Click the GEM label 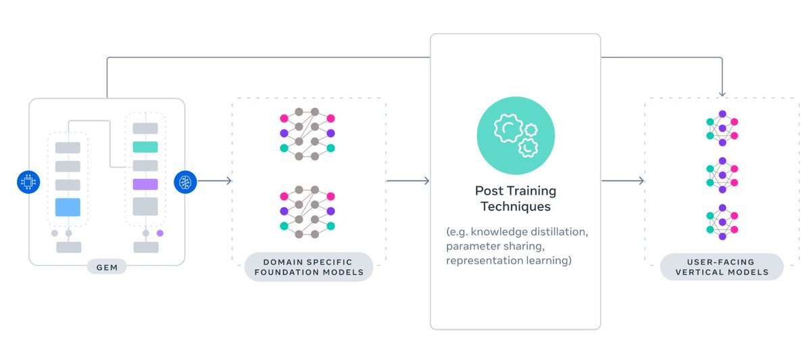pyautogui.click(x=106, y=267)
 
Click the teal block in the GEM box pyautogui.click(x=145, y=147)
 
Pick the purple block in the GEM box pyautogui.click(x=145, y=184)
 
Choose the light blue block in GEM pyautogui.click(x=68, y=207)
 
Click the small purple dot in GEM pyautogui.click(x=160, y=233)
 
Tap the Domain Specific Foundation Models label pyautogui.click(x=309, y=267)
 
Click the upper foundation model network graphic pyautogui.click(x=308, y=133)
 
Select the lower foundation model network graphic pyautogui.click(x=308, y=211)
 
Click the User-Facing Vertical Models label pyautogui.click(x=721, y=267)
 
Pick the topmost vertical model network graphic pyautogui.click(x=722, y=128)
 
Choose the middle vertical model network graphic pyautogui.click(x=722, y=176)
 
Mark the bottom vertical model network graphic pyautogui.click(x=722, y=224)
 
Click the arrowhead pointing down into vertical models pyautogui.click(x=722, y=93)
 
